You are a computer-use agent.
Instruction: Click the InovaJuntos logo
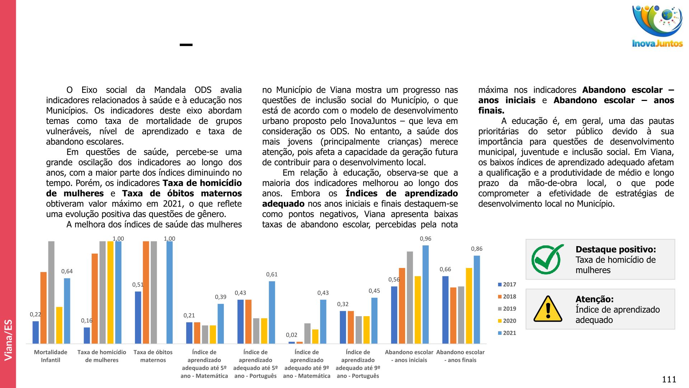[657, 26]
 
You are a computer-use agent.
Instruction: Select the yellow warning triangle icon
[548, 309]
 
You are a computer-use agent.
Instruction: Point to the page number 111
[669, 379]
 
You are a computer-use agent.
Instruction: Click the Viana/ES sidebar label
[8, 339]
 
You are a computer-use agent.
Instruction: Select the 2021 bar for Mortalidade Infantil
[67, 311]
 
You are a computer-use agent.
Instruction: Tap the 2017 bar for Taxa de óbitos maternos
[138, 317]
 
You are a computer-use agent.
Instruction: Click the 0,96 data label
[426, 239]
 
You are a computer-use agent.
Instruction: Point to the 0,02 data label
[291, 335]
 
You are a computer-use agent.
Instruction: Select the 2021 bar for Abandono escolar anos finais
[477, 299]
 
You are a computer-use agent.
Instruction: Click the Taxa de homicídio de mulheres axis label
[102, 356]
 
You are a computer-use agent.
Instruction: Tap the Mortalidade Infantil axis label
[51, 356]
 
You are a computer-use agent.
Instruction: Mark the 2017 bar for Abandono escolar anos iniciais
[394, 315]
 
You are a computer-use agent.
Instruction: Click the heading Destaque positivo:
[615, 249]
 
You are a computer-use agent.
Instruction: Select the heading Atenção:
[594, 299]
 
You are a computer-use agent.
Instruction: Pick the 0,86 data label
[477, 249]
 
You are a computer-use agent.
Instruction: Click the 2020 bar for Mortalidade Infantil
[59, 325]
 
